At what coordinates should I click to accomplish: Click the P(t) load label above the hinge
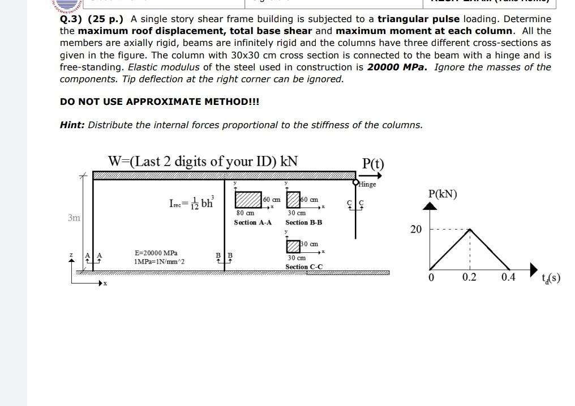[x=372, y=164]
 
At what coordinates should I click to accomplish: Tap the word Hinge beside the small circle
[x=367, y=184]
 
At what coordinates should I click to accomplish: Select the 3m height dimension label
[x=74, y=218]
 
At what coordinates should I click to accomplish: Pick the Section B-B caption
[x=303, y=222]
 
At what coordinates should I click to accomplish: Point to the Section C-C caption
[x=304, y=267]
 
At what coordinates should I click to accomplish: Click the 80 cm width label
[x=244, y=213]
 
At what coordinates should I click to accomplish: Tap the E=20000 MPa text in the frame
[x=156, y=253]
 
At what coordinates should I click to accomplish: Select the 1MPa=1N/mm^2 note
[x=159, y=261]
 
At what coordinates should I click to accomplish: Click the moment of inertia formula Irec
[x=191, y=202]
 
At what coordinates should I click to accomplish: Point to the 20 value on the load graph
[x=416, y=229]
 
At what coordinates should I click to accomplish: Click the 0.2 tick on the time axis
[x=469, y=277]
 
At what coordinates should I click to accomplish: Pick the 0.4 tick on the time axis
[x=508, y=277]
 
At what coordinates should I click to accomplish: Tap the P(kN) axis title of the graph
[x=443, y=194]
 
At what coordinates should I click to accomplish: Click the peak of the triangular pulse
[x=470, y=229]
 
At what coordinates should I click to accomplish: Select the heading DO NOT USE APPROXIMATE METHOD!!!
[x=160, y=102]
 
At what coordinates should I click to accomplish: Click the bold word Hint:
[x=72, y=125]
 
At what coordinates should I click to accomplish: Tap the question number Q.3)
[x=72, y=18]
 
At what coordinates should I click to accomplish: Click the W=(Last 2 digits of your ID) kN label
[x=203, y=161]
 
